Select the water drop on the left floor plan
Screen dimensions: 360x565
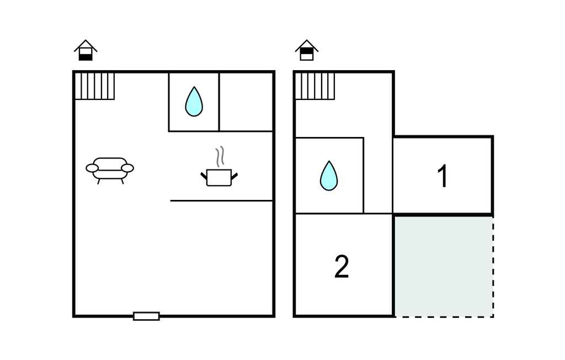click(x=194, y=102)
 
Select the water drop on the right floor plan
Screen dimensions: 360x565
click(x=329, y=176)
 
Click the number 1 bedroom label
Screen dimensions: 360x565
click(x=443, y=177)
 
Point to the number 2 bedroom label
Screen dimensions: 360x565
click(x=342, y=267)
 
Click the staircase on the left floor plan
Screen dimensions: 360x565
click(x=94, y=86)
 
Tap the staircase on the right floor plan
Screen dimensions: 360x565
click(x=315, y=86)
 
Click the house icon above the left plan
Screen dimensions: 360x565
click(x=86, y=50)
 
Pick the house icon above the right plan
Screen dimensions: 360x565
click(x=307, y=50)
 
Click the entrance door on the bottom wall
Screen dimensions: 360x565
click(x=146, y=316)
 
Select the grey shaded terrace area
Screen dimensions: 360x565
click(x=443, y=266)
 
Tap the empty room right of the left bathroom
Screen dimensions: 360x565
click(x=246, y=102)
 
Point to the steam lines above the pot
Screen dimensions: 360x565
click(x=220, y=156)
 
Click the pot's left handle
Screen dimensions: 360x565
click(x=204, y=176)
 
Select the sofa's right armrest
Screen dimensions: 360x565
click(x=127, y=167)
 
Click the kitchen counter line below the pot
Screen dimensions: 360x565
click(x=221, y=200)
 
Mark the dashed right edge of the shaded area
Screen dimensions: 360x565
click(x=493, y=266)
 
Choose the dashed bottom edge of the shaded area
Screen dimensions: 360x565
click(x=443, y=316)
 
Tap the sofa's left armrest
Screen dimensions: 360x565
click(x=92, y=167)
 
